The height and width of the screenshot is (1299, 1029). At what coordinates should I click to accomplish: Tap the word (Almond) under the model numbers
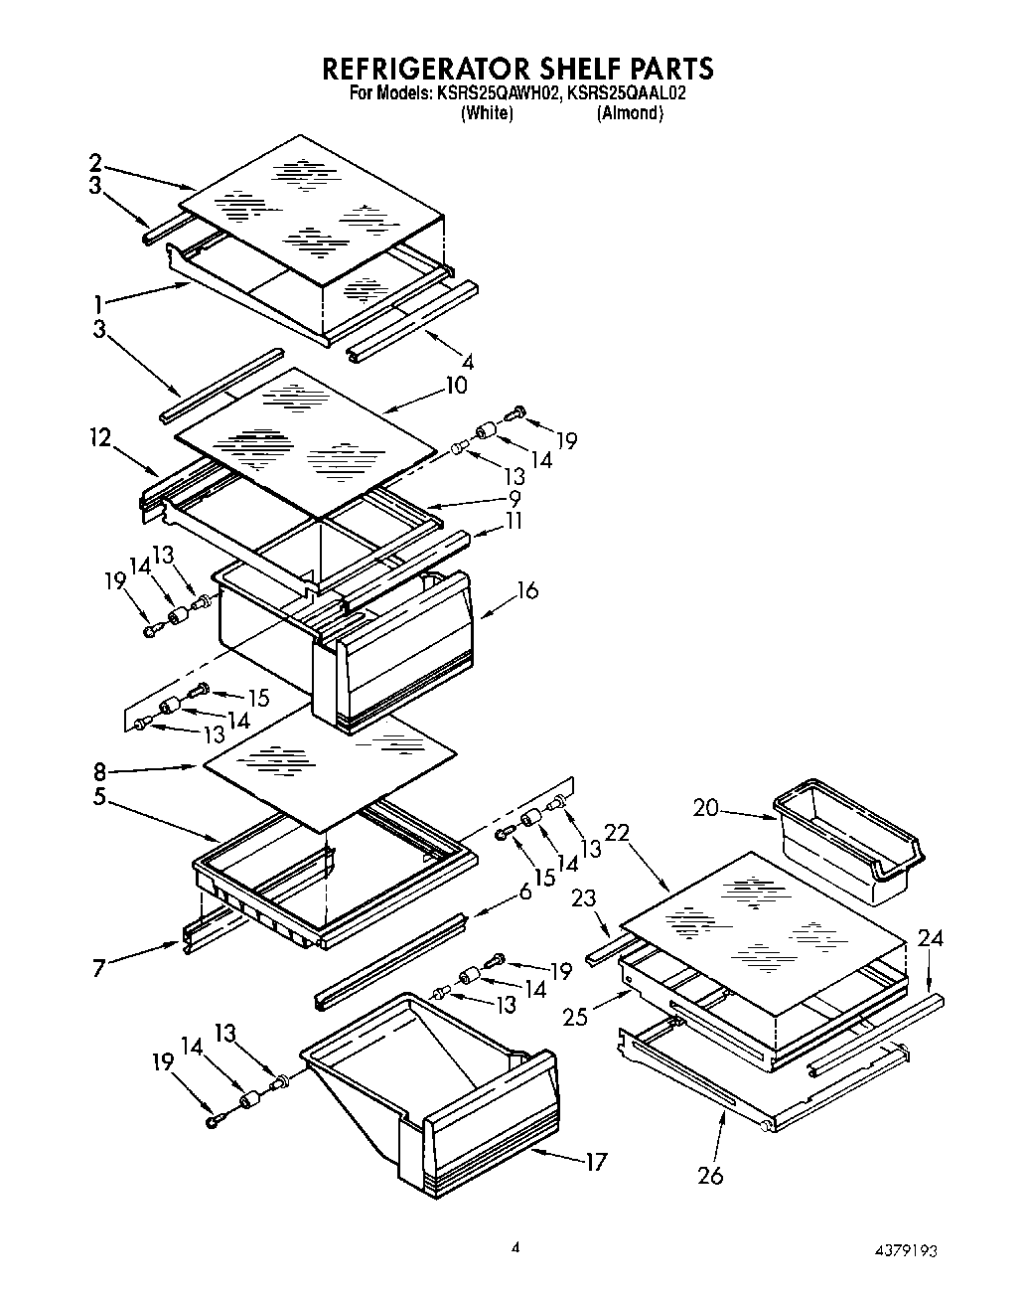pyautogui.click(x=630, y=113)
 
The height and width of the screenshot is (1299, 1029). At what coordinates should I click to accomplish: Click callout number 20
pyautogui.click(x=705, y=808)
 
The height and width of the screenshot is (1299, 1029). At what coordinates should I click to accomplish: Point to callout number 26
pyautogui.click(x=709, y=1175)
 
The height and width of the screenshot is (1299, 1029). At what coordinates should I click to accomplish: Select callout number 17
pyautogui.click(x=595, y=1161)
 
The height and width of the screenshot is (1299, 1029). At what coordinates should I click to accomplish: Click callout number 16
pyautogui.click(x=526, y=590)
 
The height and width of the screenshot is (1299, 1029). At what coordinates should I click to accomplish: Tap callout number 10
pyautogui.click(x=456, y=385)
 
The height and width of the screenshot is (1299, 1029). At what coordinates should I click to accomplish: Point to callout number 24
pyautogui.click(x=931, y=937)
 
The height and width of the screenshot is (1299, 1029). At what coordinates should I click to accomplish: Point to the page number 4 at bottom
pyautogui.click(x=514, y=1246)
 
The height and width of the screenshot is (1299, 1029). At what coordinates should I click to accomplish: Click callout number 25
pyautogui.click(x=575, y=1016)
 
